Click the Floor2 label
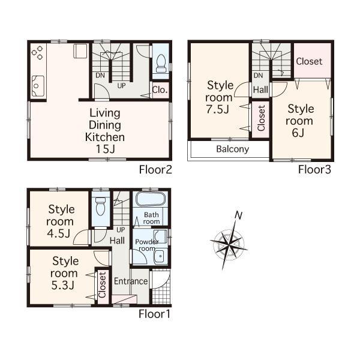pyautogui.click(x=156, y=169)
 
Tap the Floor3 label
pyautogui.click(x=315, y=169)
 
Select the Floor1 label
pyautogui.click(x=155, y=313)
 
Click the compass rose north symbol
pyautogui.click(x=238, y=215)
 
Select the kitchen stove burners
pyautogui.click(x=38, y=52)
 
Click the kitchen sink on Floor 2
pyautogui.click(x=37, y=88)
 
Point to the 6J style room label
pyautogui.click(x=300, y=121)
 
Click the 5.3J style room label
pyautogui.click(x=62, y=273)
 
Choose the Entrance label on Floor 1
pyautogui.click(x=131, y=281)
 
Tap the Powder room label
pyautogui.click(x=146, y=245)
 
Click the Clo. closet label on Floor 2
pyautogui.click(x=160, y=91)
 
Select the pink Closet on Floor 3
pyautogui.click(x=310, y=61)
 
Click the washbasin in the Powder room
pyautogui.click(x=158, y=257)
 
